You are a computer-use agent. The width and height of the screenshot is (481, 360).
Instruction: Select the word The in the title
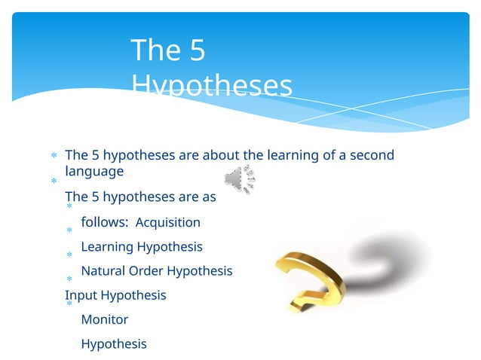(x=155, y=50)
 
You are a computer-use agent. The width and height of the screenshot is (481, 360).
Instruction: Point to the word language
(x=94, y=172)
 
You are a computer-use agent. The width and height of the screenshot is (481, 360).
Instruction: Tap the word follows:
(x=104, y=222)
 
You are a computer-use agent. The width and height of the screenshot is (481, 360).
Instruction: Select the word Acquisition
(x=167, y=222)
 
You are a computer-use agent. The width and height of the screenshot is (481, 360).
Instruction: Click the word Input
(x=81, y=294)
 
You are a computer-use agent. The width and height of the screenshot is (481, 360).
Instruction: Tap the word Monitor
(x=104, y=319)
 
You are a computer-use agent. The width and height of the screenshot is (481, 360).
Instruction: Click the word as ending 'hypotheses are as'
(x=209, y=197)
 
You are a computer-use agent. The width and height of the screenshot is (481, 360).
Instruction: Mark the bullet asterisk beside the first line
(x=54, y=157)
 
